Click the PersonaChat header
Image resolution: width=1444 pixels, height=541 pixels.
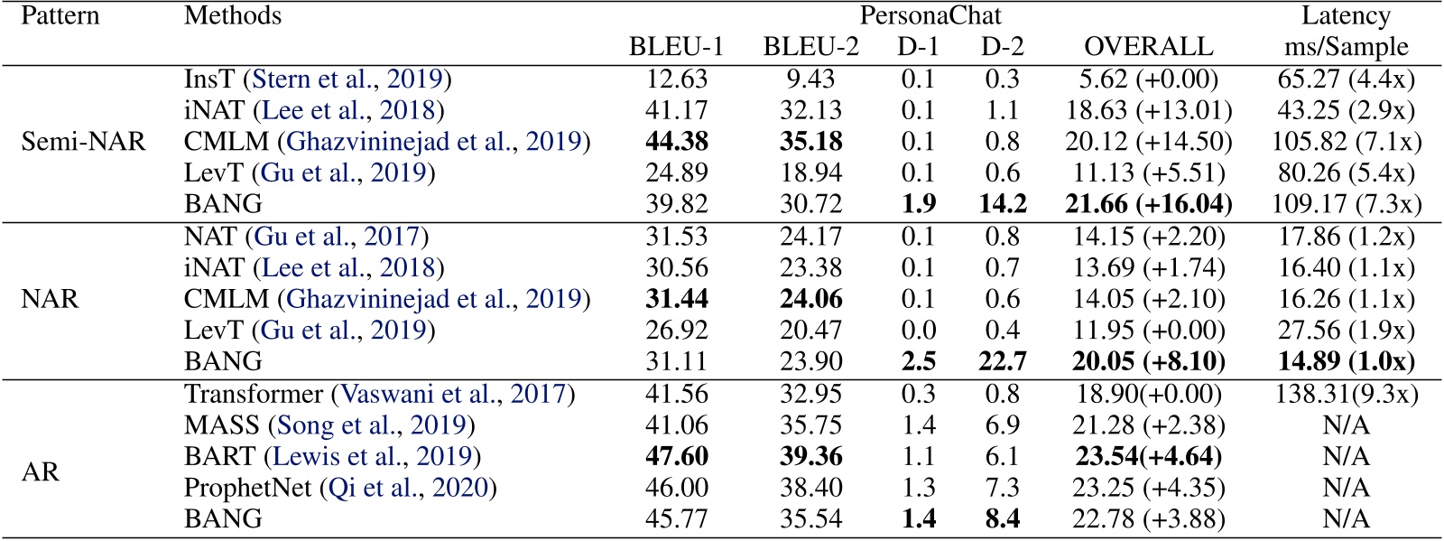930,16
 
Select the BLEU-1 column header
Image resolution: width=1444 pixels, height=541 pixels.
676,47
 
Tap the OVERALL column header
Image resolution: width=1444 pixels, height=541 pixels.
1148,47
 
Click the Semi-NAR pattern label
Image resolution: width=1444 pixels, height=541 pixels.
83,142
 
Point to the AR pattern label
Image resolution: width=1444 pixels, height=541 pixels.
41,472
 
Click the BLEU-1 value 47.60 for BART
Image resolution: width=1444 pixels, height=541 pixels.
677,457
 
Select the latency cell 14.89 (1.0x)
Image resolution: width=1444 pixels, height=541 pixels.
1346,361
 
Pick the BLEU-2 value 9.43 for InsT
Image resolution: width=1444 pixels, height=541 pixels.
810,79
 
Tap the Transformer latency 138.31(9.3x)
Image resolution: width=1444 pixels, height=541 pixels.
1346,394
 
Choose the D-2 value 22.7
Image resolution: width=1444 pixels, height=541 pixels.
1002,361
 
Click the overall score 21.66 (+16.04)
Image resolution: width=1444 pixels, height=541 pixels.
1148,204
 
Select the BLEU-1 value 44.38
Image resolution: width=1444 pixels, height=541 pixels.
677,142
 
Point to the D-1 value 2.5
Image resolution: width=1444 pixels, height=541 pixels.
918,361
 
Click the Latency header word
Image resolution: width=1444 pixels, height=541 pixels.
1346,16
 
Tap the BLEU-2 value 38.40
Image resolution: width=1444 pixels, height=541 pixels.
810,488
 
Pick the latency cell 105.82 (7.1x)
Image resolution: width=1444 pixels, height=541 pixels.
1346,142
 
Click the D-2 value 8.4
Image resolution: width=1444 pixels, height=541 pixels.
1002,519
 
